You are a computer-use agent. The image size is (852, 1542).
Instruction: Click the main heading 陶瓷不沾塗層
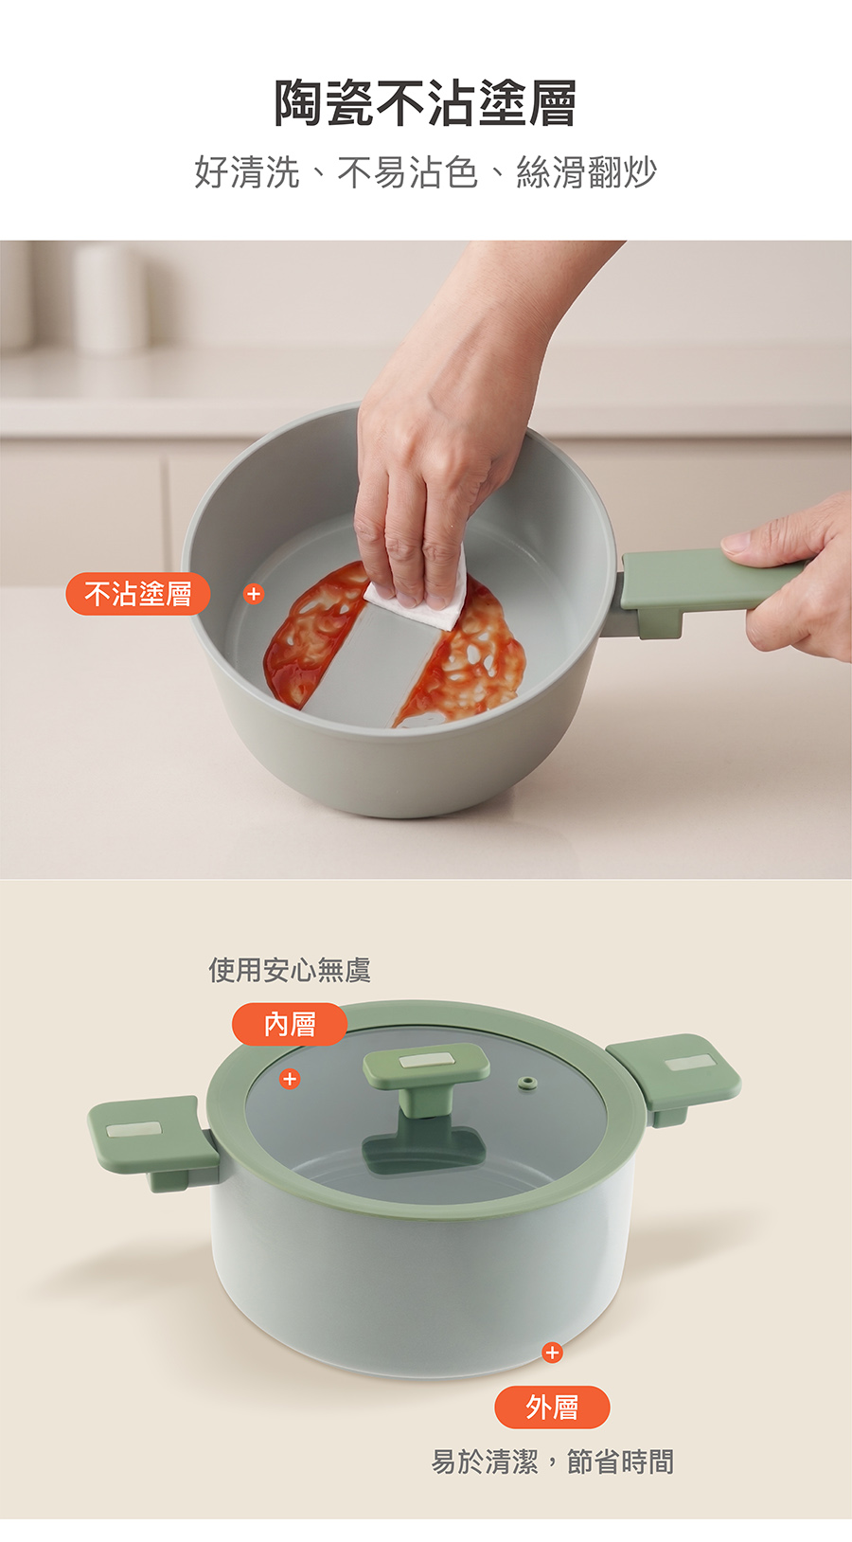coord(425,103)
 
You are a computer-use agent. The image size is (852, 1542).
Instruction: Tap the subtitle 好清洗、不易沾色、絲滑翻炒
coord(425,172)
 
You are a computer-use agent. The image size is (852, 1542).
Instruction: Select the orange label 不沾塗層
coord(137,593)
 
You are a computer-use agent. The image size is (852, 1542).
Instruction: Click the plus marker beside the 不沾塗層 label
coord(254,593)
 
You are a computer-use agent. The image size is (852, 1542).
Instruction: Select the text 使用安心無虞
coord(290,970)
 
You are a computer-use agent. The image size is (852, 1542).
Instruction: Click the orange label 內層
coord(290,1024)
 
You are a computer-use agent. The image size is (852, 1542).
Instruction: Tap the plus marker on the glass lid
coord(290,1079)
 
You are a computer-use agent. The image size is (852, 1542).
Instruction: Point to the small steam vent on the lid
coord(528,1083)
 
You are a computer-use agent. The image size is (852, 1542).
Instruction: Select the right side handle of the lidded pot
coord(674,1074)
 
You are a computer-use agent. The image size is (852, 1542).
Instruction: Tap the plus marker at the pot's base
coord(552,1353)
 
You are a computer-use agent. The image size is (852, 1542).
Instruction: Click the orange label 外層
coord(552,1408)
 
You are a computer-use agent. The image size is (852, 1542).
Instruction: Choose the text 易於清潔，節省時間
coord(552,1461)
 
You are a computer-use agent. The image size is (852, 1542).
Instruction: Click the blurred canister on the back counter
coord(110,297)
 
